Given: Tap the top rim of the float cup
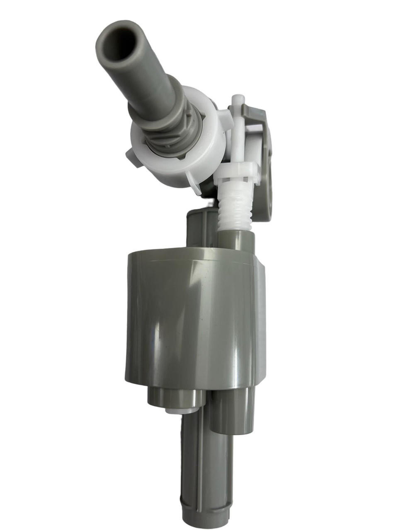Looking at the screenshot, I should click(x=191, y=255).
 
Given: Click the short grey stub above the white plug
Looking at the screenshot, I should click(x=174, y=397).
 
